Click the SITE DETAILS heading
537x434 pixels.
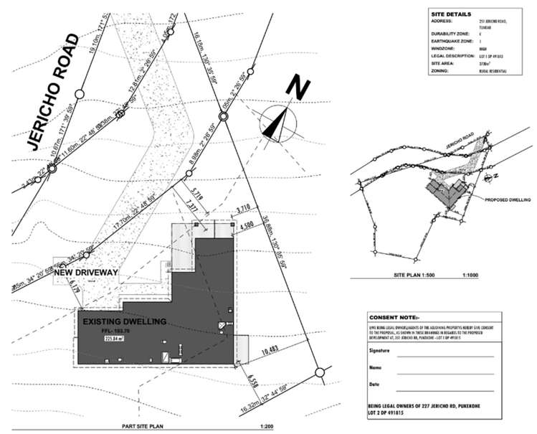tap(452, 14)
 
